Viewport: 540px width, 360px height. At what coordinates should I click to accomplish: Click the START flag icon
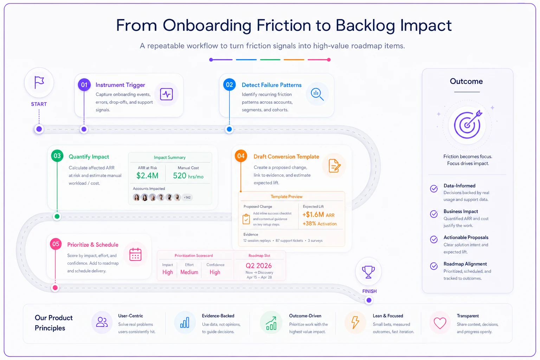click(39, 83)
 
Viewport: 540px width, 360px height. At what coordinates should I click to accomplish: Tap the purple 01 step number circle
click(84, 85)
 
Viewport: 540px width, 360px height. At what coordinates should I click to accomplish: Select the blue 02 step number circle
click(229, 85)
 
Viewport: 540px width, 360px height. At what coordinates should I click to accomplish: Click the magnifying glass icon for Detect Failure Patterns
click(317, 94)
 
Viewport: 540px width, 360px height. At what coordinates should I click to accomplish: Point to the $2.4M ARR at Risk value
click(147, 175)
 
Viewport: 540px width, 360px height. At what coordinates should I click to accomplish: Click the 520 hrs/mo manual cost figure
click(188, 176)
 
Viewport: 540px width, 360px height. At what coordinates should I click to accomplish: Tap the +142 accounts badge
click(187, 198)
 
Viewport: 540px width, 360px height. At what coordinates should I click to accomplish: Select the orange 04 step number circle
click(241, 156)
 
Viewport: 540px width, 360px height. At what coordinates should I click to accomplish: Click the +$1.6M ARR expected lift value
click(319, 214)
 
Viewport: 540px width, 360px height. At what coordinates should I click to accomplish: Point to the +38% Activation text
click(320, 224)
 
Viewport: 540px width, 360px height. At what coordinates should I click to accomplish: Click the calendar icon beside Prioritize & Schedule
click(135, 255)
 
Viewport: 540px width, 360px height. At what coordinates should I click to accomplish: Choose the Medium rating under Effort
click(189, 272)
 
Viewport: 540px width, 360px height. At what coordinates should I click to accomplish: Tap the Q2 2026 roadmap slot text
click(259, 266)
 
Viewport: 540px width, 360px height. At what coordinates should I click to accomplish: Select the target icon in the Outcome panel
click(468, 124)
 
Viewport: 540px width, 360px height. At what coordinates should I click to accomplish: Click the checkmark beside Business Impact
click(434, 214)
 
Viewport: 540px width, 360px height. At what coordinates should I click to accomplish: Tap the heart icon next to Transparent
click(440, 323)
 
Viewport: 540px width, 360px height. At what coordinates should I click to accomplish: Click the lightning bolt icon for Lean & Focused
click(355, 322)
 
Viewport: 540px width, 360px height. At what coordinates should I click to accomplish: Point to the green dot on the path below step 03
click(57, 217)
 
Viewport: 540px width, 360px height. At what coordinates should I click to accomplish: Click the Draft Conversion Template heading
click(286, 157)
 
